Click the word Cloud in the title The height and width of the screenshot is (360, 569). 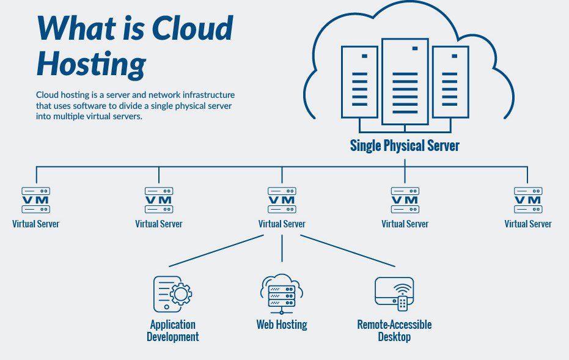click(192, 29)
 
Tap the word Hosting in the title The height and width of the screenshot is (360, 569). click(90, 64)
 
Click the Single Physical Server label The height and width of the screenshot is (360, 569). click(404, 145)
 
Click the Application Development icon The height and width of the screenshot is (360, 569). click(172, 293)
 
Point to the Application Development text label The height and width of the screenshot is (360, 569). click(173, 330)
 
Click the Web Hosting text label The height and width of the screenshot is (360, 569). click(281, 324)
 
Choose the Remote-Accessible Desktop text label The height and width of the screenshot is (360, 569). click(394, 330)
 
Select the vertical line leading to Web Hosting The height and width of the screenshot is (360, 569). click(282, 248)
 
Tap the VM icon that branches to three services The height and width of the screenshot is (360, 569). click(282, 200)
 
